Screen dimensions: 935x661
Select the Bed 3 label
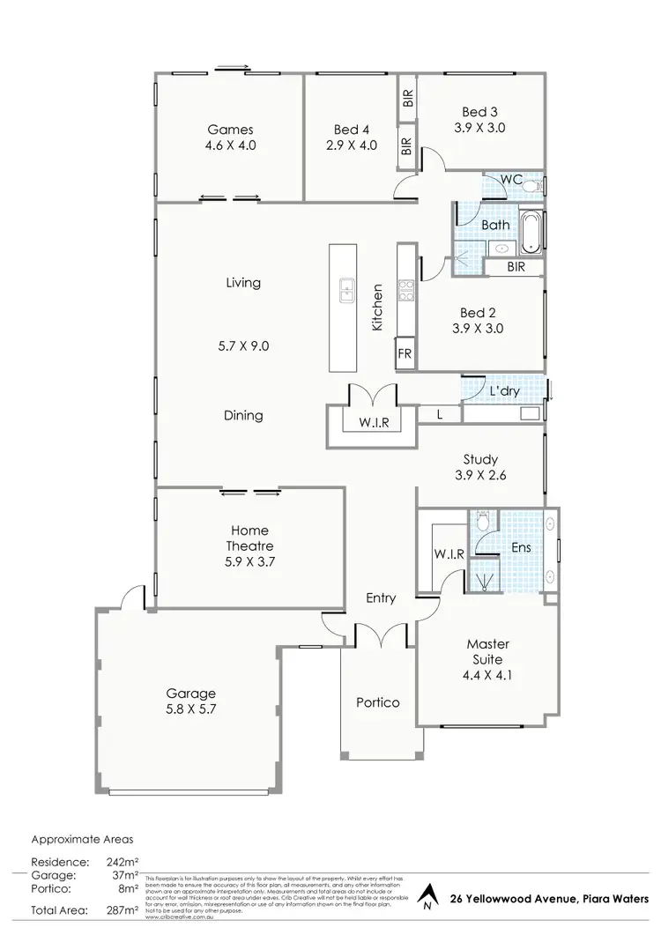click(479, 111)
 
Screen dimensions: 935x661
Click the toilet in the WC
click(533, 186)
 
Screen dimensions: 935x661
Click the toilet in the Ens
click(482, 523)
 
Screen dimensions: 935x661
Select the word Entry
click(381, 598)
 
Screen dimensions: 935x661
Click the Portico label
click(377, 702)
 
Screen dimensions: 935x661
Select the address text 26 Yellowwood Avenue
click(504, 896)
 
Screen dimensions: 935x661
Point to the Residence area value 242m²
click(123, 861)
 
